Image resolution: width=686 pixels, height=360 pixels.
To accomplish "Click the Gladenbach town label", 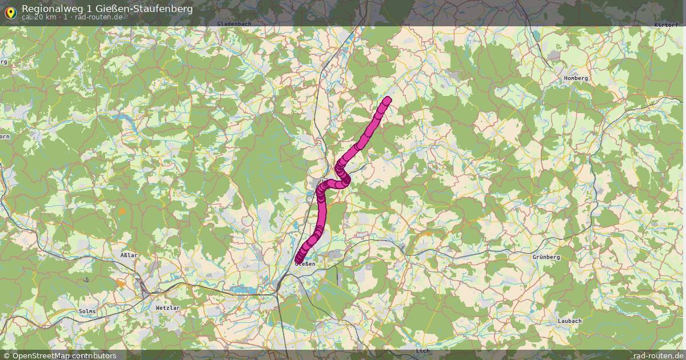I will click(x=234, y=23).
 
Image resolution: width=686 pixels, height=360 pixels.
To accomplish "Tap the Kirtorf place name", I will click(x=667, y=25).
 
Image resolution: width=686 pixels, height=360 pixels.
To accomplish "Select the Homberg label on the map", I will click(x=576, y=78).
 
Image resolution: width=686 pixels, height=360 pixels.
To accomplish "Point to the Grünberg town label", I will click(x=546, y=257).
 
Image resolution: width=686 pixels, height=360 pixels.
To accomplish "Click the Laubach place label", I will click(x=569, y=321).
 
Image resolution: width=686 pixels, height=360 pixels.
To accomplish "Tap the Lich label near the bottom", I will click(x=422, y=350).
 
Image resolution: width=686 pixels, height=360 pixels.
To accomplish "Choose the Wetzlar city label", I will click(x=167, y=308).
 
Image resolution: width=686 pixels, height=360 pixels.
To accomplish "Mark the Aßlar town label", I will click(x=129, y=255).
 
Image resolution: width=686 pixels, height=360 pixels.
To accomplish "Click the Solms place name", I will click(x=87, y=311).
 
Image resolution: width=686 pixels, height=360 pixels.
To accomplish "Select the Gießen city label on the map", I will click(x=305, y=264).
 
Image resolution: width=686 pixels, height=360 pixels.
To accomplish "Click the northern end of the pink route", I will click(x=388, y=101).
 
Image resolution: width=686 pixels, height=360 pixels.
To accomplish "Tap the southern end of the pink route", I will click(x=298, y=261).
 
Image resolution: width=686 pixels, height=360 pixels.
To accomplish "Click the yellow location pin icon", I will click(x=10, y=12).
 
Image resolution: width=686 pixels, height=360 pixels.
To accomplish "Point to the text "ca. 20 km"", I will click(x=38, y=17).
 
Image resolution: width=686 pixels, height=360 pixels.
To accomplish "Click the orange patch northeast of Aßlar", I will click(x=122, y=212).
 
